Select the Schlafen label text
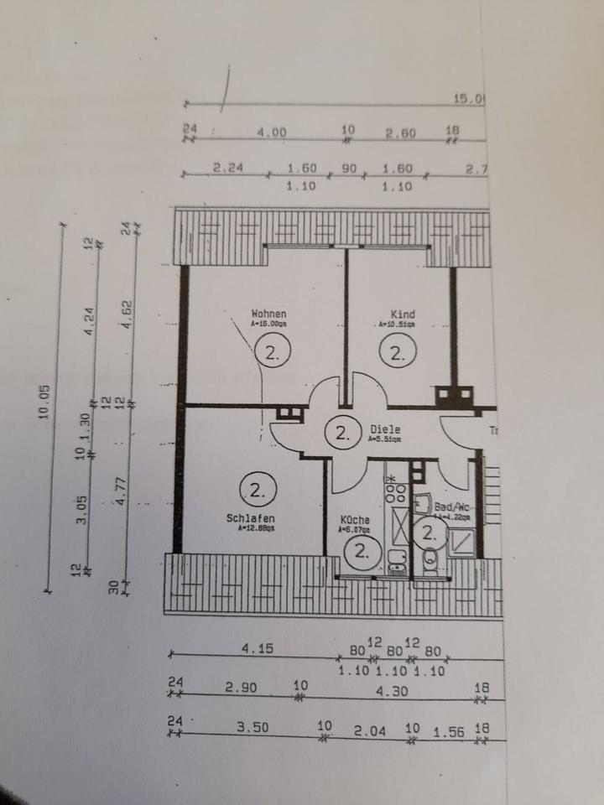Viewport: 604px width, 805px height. pyautogui.click(x=250, y=518)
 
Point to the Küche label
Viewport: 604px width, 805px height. pyautogui.click(x=354, y=521)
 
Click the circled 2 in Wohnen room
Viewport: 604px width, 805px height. pyautogui.click(x=272, y=352)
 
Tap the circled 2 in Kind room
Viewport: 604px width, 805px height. pyautogui.click(x=397, y=352)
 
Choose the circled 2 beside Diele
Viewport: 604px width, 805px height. pyautogui.click(x=341, y=433)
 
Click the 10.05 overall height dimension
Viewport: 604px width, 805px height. pyautogui.click(x=47, y=400)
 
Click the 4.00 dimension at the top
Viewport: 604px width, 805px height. pyautogui.click(x=272, y=132)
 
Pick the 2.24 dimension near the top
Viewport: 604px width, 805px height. pyautogui.click(x=227, y=168)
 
